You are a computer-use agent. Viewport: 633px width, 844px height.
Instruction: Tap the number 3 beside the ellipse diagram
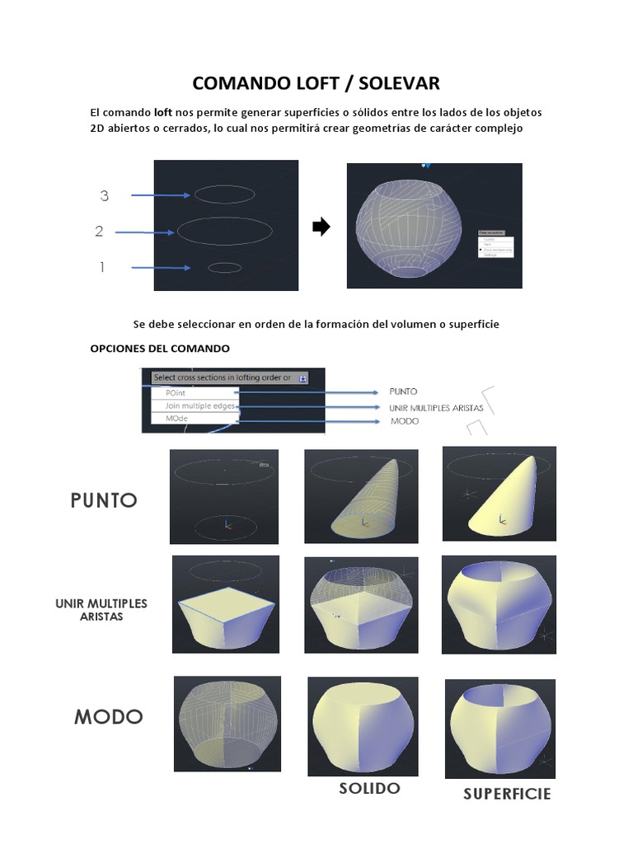point(105,195)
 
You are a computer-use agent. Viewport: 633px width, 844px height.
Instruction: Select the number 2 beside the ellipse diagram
point(99,232)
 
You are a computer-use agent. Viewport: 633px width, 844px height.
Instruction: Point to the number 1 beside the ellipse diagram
point(102,267)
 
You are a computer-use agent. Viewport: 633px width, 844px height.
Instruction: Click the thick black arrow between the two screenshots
point(321,227)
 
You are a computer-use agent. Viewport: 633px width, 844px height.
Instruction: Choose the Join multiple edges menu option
point(195,406)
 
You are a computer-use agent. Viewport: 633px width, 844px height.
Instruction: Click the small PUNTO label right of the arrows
point(403,392)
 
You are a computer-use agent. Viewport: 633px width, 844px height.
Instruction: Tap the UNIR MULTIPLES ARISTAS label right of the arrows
point(436,408)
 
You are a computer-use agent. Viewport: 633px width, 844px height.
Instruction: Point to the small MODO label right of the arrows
point(404,421)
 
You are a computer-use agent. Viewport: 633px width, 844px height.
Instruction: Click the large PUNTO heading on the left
point(104,500)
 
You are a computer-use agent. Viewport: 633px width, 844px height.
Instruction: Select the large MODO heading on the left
point(108,717)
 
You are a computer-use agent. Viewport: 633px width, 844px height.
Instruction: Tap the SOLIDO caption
point(369,789)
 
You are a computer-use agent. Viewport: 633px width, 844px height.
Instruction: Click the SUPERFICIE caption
point(506,795)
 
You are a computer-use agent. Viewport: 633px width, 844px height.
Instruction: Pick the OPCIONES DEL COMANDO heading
point(160,348)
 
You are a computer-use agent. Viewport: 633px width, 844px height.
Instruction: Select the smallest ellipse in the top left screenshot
point(224,267)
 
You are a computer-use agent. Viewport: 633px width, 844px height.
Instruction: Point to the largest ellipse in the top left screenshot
point(225,231)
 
